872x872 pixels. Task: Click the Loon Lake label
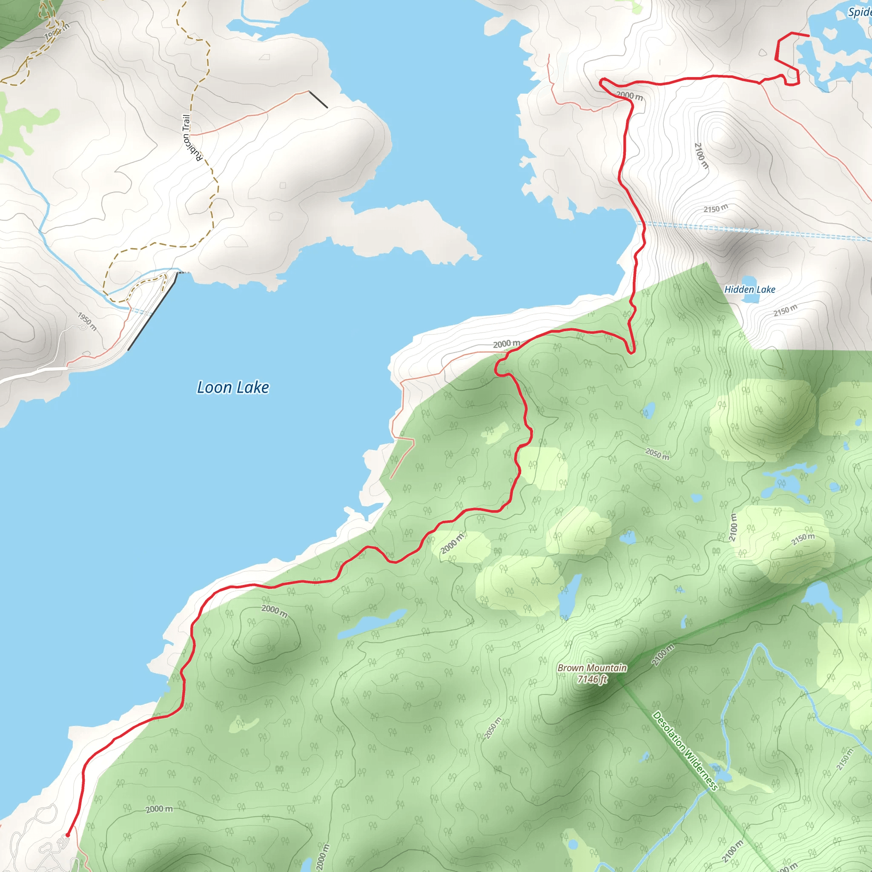coord(233,387)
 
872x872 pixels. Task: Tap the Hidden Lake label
coord(749,289)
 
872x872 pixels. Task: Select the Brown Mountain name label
coord(592,668)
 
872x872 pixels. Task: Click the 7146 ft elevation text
coord(592,679)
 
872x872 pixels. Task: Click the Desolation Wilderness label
coord(685,751)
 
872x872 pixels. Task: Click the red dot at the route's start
coord(68,835)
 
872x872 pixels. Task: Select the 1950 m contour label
coord(87,321)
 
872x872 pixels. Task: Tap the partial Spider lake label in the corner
coord(860,12)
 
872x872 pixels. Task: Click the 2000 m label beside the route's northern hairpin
coord(629,96)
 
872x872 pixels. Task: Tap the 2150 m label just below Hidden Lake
coord(785,310)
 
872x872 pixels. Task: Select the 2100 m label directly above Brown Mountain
coord(663,655)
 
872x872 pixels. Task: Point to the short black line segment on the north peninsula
coord(318,99)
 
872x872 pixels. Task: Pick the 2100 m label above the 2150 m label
coord(701,155)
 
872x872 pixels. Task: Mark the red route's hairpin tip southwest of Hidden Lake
coord(632,352)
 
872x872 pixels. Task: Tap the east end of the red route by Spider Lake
coord(808,35)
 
